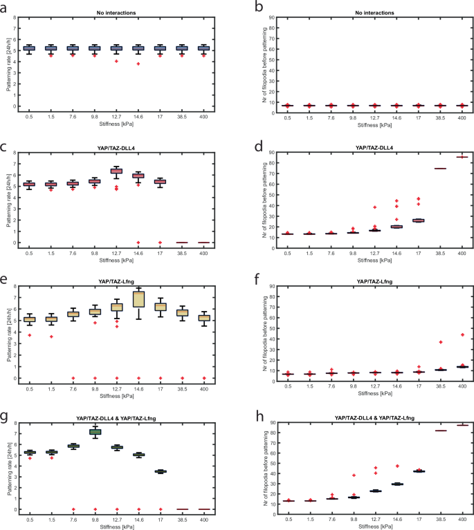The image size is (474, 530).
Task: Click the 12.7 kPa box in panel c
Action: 116,171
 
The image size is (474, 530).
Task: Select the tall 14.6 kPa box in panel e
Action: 138,298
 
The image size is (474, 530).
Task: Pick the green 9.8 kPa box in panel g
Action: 94,431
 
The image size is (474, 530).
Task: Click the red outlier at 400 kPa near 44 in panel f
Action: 462,334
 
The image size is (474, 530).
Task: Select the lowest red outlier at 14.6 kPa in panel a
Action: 138,64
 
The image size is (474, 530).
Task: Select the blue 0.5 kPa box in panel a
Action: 28,48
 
